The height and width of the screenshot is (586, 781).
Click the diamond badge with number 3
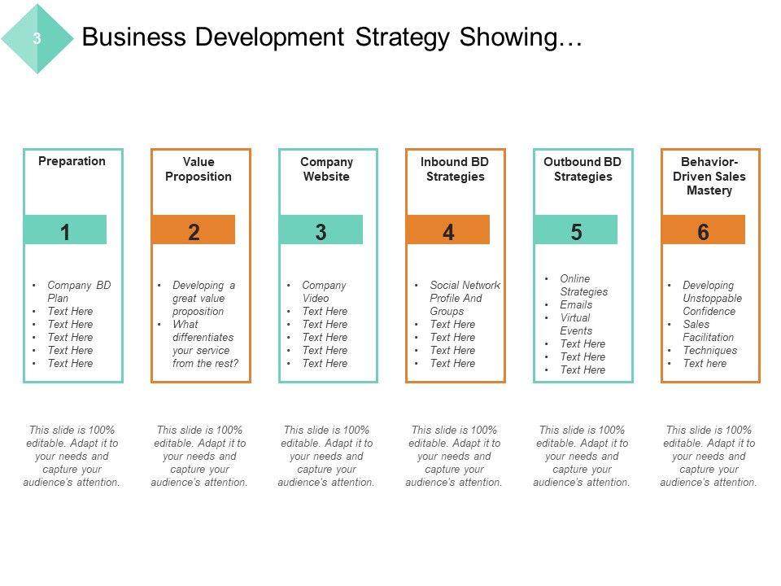tap(37, 38)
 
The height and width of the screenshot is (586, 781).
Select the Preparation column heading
tap(72, 161)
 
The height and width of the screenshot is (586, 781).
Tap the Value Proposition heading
tap(199, 169)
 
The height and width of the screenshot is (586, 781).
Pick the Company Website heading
tap(326, 169)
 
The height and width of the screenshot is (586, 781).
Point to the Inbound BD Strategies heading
tap(454, 169)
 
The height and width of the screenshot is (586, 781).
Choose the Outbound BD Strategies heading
tap(582, 169)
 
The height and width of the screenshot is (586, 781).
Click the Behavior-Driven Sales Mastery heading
tap(709, 176)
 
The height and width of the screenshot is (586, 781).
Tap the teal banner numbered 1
tap(65, 230)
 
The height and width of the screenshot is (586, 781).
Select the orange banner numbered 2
tap(193, 230)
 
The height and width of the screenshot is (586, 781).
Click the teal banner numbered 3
tap(321, 230)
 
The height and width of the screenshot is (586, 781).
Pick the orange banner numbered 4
tap(448, 230)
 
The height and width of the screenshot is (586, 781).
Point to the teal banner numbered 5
tap(576, 230)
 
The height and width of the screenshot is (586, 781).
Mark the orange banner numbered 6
tap(704, 230)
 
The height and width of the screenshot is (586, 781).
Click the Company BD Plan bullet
tap(79, 291)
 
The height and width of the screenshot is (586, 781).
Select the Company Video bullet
tap(324, 291)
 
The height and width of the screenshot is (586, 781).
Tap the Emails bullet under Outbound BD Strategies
tap(576, 304)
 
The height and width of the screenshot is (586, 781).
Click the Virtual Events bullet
tap(576, 324)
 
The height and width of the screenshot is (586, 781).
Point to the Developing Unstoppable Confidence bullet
tap(713, 298)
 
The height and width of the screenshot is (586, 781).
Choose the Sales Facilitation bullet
tap(709, 330)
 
